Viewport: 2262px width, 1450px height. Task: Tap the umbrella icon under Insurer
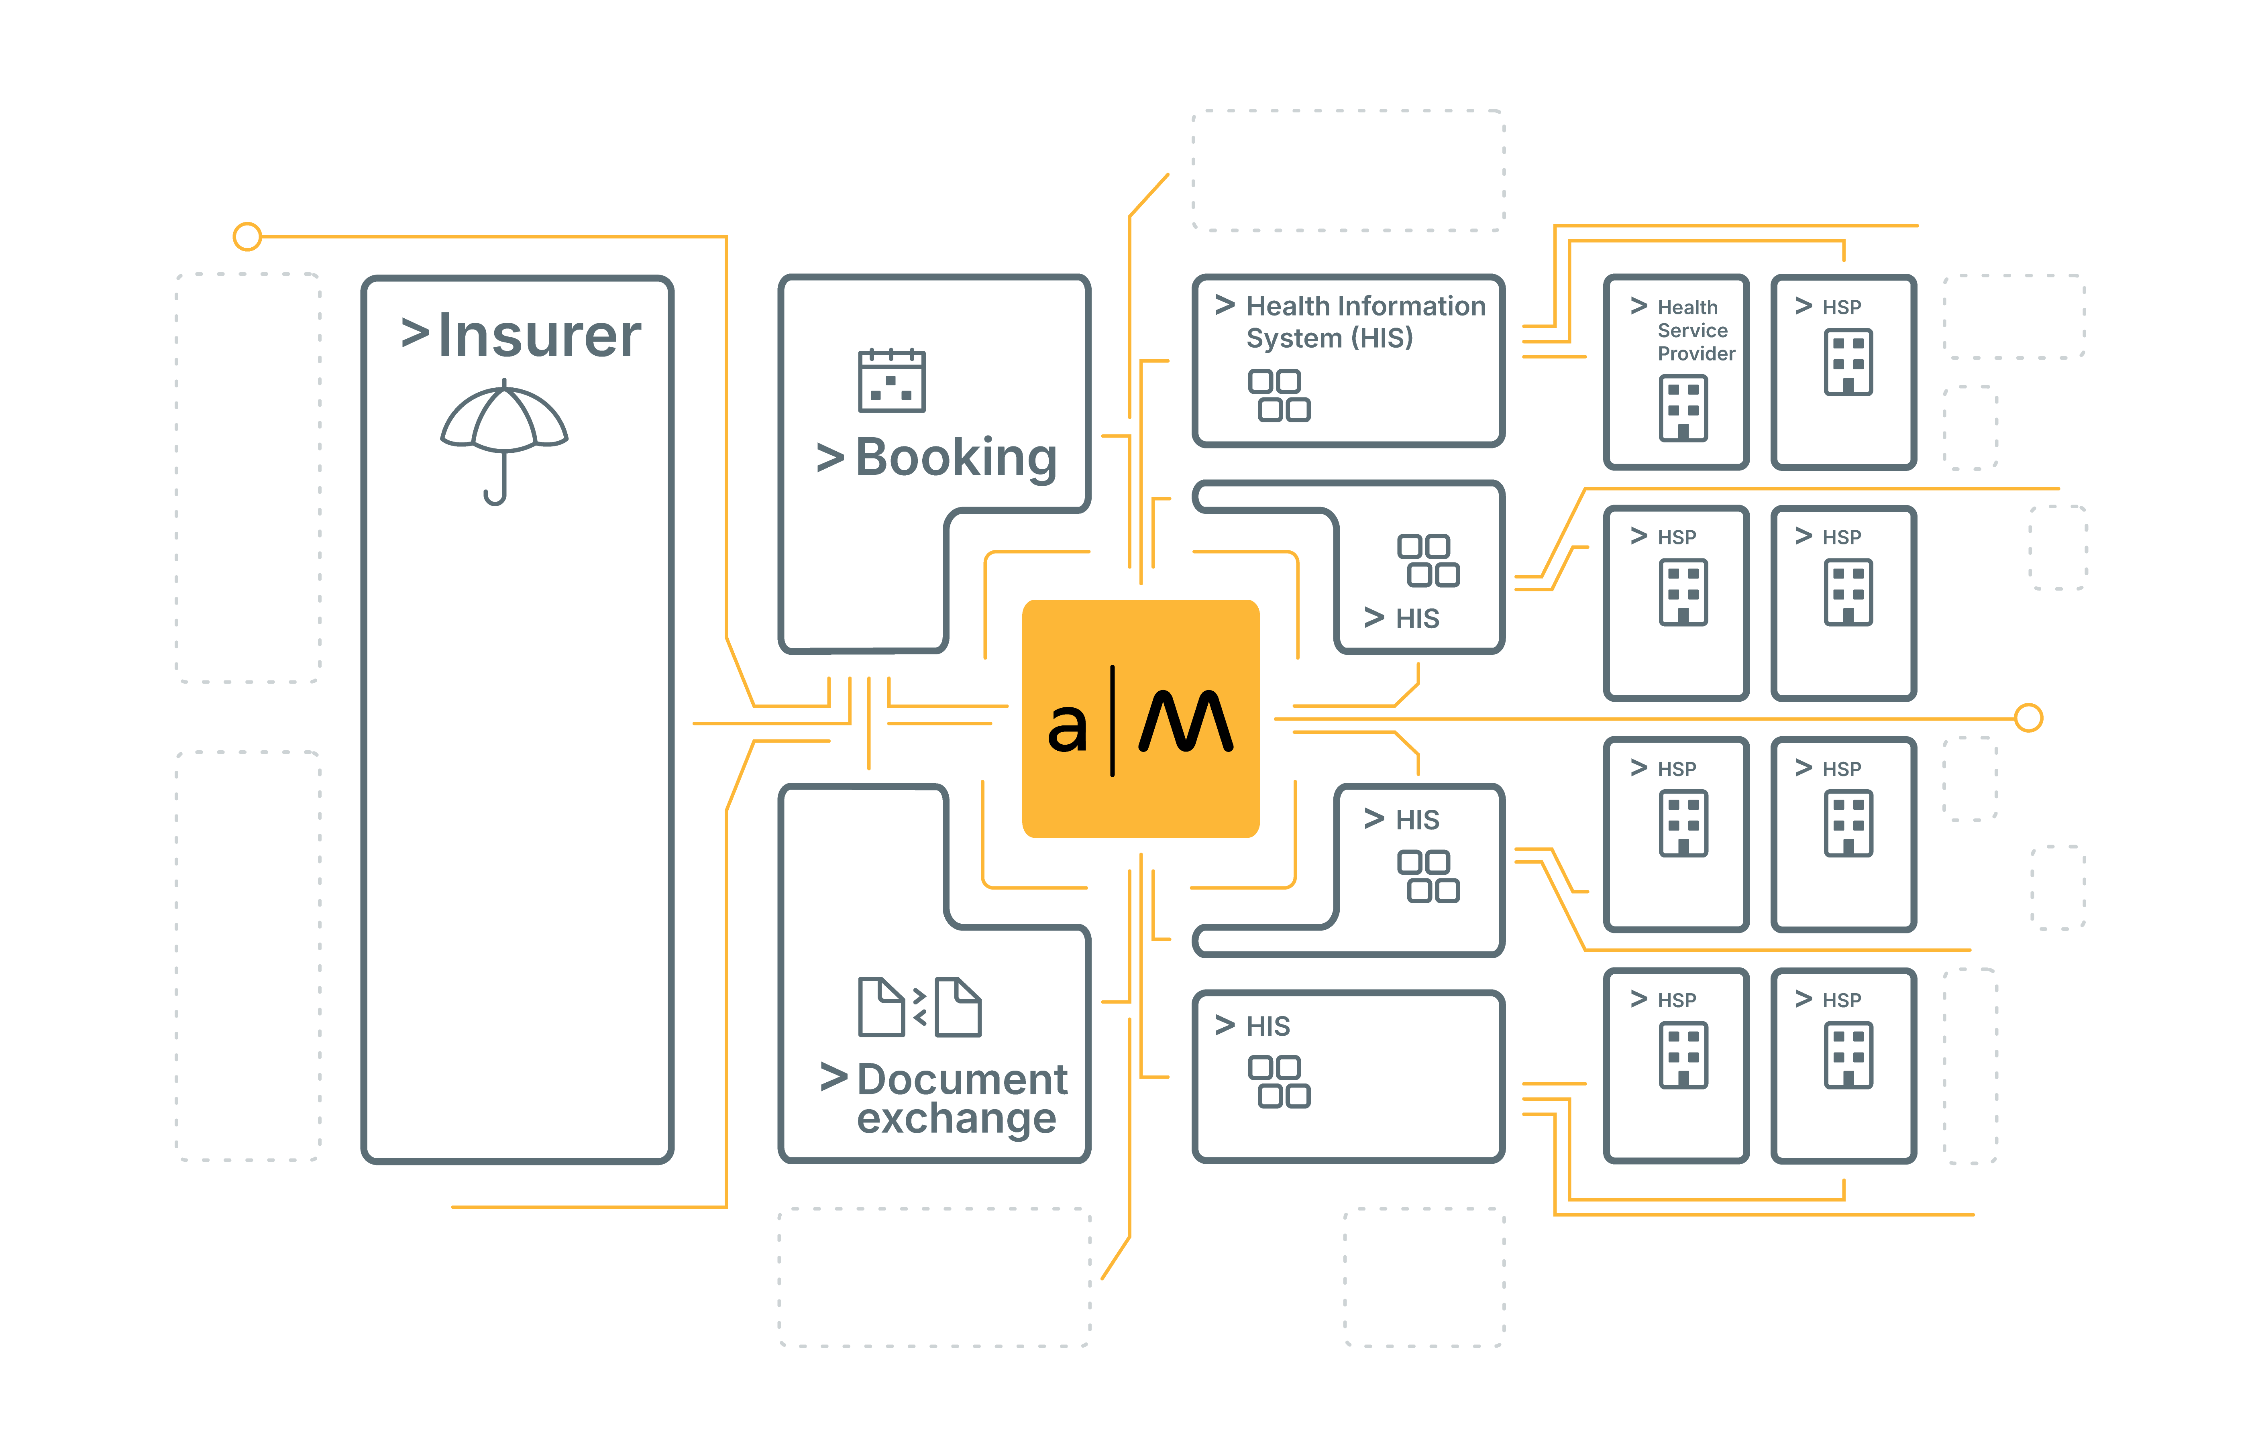[x=504, y=419]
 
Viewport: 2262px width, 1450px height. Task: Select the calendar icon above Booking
[x=891, y=381]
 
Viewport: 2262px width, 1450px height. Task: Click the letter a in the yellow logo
[x=1067, y=727]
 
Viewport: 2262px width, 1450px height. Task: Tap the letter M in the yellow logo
[x=1186, y=722]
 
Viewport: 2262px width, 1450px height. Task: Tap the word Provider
[x=1695, y=354]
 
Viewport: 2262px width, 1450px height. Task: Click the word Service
[x=1692, y=330]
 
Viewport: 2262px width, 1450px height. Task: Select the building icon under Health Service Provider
[x=1683, y=408]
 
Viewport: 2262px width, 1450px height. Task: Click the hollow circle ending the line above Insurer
[x=247, y=236]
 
